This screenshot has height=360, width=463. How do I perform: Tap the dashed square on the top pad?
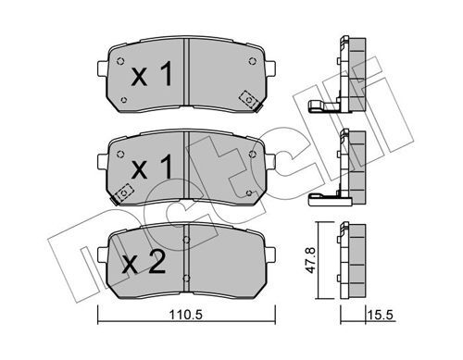(248, 98)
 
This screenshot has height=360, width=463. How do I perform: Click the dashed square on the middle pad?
(123, 193)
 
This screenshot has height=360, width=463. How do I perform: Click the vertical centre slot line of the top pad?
(188, 74)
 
